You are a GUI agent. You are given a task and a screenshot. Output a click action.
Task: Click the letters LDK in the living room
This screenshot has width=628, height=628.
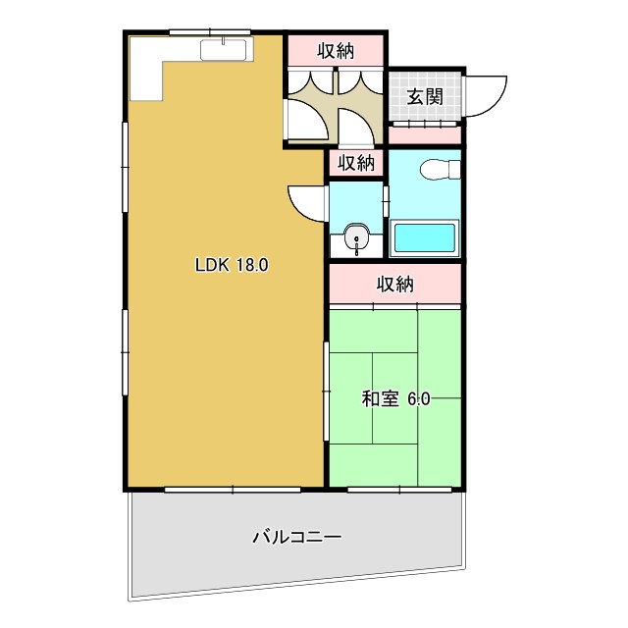(x=212, y=264)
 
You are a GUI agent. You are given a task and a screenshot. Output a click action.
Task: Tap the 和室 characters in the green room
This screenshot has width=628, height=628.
(x=379, y=398)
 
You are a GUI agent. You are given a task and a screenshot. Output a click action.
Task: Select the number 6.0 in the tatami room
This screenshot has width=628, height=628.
(x=419, y=398)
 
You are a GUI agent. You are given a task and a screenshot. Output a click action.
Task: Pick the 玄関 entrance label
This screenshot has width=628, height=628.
(x=425, y=96)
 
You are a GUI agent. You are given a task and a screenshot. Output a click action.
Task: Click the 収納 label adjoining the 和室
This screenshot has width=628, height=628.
(x=395, y=286)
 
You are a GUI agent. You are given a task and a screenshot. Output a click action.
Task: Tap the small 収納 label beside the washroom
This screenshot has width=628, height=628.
(x=357, y=163)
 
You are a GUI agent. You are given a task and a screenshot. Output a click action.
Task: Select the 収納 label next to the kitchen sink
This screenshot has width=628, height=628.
(x=335, y=49)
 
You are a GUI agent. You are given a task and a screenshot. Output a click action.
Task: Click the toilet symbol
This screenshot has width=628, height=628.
(x=438, y=172)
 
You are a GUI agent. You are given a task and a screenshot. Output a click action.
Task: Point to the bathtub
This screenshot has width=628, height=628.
(x=424, y=238)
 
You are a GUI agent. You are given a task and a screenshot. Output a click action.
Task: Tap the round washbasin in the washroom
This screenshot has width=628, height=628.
(x=355, y=238)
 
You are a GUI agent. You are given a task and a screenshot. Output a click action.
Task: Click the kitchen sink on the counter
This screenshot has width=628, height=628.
(x=228, y=49)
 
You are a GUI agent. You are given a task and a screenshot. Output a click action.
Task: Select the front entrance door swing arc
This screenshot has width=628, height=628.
(x=485, y=93)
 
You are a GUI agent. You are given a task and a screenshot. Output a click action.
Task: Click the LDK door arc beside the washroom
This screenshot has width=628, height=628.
(x=307, y=202)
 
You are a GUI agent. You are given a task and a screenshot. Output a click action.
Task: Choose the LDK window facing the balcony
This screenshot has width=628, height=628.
(x=232, y=488)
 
